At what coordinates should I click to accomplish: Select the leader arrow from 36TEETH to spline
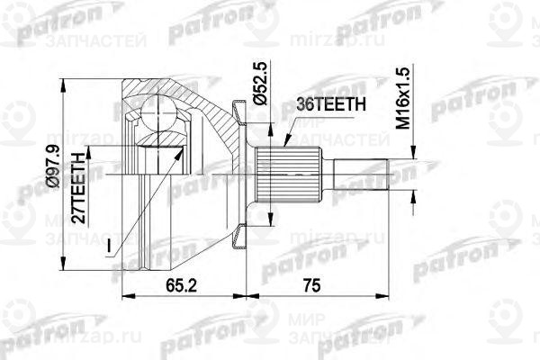288,133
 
